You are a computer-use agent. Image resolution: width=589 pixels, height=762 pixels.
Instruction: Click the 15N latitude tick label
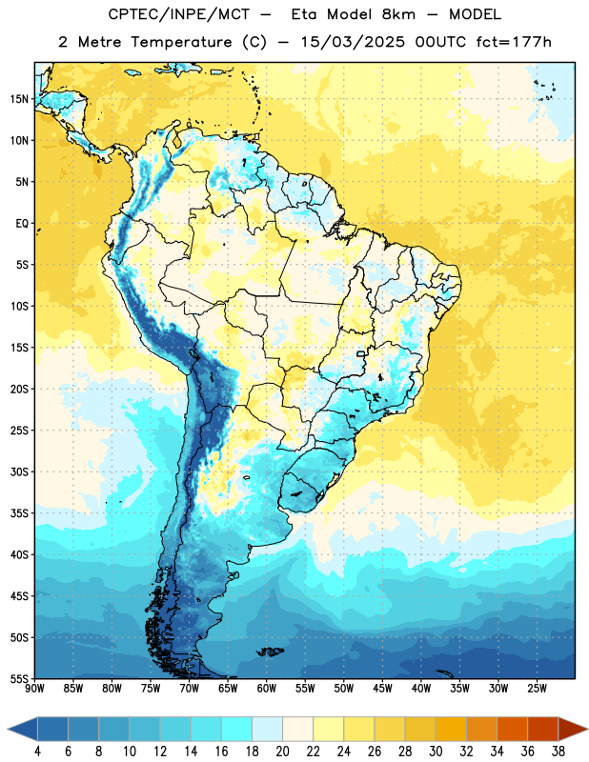click(19, 99)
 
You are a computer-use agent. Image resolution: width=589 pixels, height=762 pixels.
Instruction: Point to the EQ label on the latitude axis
click(22, 224)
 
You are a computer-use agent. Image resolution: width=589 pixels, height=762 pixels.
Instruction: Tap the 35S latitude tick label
click(19, 513)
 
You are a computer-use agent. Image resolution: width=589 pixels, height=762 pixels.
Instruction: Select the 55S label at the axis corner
click(19, 678)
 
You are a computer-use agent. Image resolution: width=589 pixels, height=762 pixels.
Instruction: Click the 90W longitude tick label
click(34, 688)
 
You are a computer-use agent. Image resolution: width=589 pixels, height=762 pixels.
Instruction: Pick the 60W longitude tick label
click(267, 688)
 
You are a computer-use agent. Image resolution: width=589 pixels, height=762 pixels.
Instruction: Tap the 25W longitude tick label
click(537, 688)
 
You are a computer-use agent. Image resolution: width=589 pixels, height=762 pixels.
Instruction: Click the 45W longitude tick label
click(382, 688)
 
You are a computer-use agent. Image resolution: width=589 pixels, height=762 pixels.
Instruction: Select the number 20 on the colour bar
click(282, 752)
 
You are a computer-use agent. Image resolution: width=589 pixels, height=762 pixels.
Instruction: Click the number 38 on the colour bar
click(559, 752)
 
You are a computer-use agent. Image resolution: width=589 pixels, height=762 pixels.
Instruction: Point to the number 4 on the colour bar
click(37, 752)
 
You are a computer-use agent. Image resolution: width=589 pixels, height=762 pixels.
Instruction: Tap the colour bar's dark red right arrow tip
click(587, 729)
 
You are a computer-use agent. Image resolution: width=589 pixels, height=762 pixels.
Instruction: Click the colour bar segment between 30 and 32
click(451, 729)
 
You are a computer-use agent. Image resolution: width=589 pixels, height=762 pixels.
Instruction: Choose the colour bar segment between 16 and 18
click(236, 729)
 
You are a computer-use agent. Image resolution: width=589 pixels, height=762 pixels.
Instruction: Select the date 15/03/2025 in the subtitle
click(352, 42)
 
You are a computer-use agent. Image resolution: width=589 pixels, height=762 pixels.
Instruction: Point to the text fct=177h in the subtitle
click(514, 42)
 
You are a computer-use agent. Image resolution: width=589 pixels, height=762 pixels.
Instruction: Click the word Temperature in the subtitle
click(182, 42)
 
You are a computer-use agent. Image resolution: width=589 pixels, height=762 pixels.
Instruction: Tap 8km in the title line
click(398, 14)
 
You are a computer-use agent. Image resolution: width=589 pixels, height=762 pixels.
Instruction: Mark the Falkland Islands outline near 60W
click(270, 652)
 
